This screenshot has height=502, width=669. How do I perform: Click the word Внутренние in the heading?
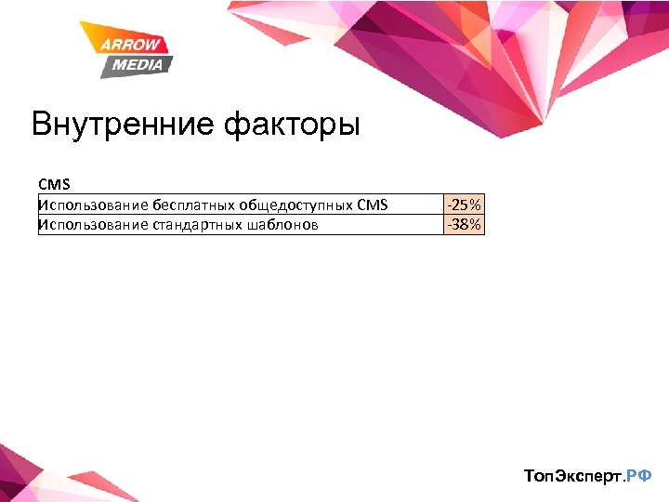[124, 124]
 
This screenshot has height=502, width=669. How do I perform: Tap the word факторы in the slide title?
[292, 125]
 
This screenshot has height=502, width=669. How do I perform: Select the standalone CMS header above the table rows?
[54, 185]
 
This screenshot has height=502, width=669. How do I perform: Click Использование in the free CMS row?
[91, 205]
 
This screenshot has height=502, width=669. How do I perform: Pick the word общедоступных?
[295, 205]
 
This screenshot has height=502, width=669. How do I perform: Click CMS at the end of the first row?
[372, 205]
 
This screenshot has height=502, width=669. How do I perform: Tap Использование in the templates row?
[91, 224]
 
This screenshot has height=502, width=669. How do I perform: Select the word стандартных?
[196, 224]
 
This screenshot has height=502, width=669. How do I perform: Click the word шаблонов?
[284, 224]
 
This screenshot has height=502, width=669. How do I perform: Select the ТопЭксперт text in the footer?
[571, 476]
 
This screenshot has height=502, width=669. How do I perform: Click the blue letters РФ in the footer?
[639, 476]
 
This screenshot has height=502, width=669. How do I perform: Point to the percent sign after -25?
[475, 205]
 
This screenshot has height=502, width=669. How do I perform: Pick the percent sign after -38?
[475, 224]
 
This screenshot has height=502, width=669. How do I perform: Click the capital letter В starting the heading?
[41, 124]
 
